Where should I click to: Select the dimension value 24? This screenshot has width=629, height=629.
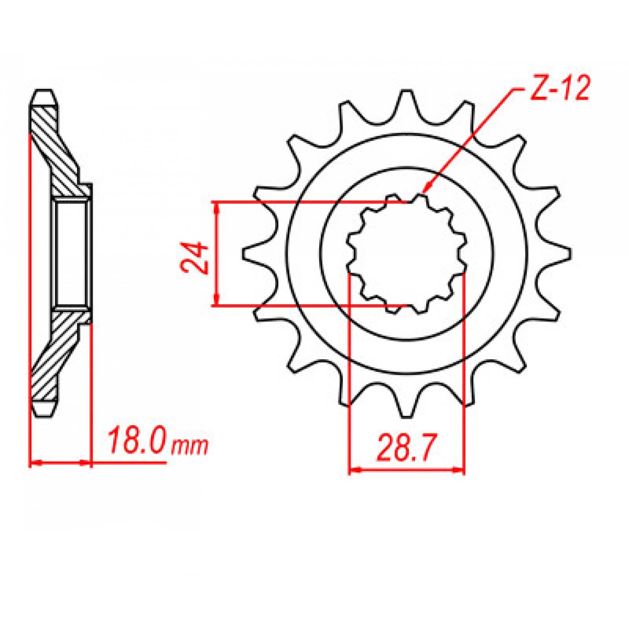coord(194,257)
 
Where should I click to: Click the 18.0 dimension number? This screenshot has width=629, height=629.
coord(138,443)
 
